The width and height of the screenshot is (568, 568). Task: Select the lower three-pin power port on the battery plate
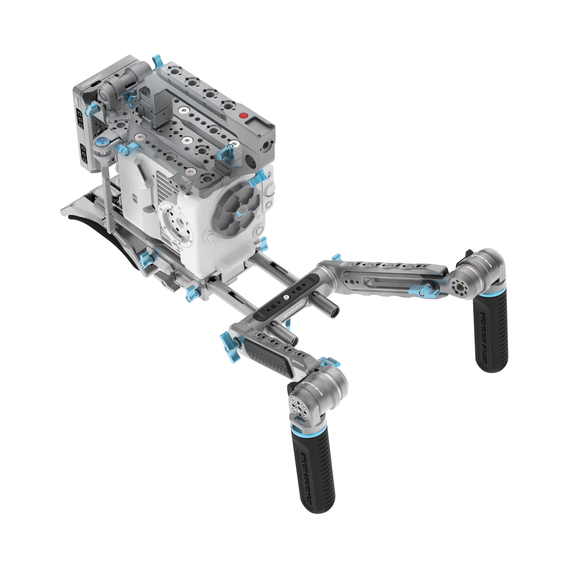[83, 154]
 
